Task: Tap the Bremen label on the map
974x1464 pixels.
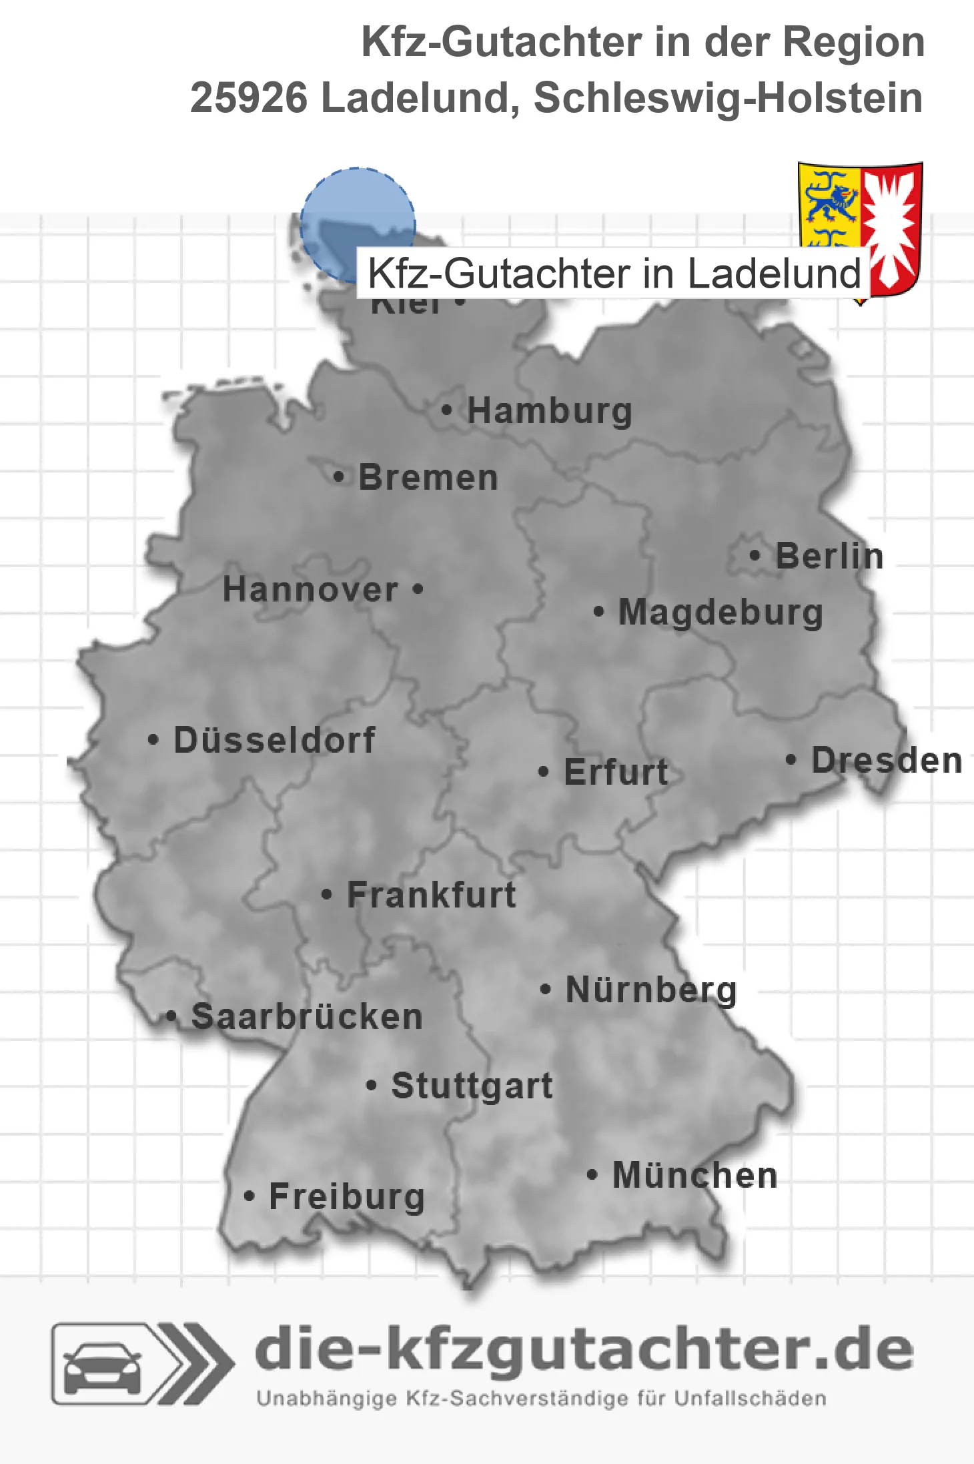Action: pos(428,478)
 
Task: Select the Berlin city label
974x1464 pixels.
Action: pos(829,556)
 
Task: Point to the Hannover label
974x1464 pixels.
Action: pos(310,590)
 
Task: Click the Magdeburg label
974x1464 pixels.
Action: pos(720,612)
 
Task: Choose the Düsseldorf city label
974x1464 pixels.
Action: pos(274,740)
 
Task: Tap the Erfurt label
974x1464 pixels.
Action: pos(616,772)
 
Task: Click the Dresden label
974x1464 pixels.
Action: pos(887,760)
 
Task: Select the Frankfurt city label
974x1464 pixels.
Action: pos(432,895)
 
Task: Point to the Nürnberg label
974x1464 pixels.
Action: pos(651,990)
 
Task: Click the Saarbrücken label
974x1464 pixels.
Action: pos(307,1017)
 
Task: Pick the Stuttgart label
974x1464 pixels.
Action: pos(472,1086)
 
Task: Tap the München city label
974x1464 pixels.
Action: pos(695,1175)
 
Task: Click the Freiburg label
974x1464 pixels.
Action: pos(347,1196)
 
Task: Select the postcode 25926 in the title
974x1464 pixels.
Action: pos(249,98)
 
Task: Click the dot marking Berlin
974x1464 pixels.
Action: pos(755,555)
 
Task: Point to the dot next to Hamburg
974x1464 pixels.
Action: pos(447,410)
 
